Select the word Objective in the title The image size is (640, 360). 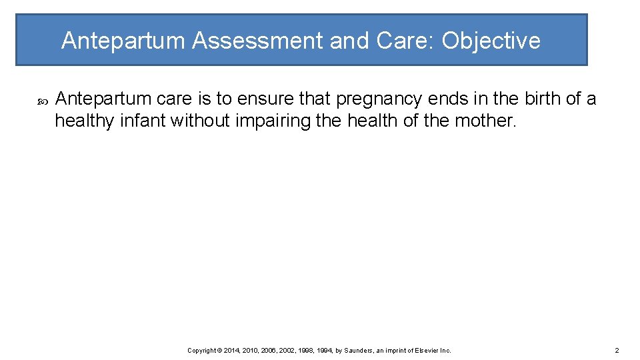point(491,41)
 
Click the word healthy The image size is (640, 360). point(77,121)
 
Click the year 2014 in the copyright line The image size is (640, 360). point(232,350)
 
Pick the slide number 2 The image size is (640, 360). point(617,350)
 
